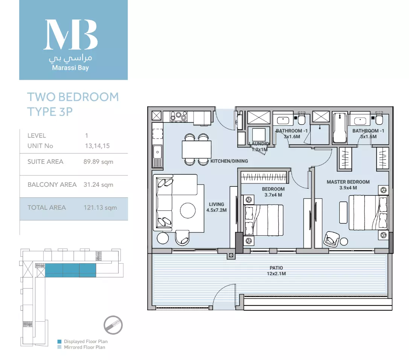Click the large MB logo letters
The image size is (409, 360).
click(x=70, y=34)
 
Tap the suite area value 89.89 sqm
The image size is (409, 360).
click(x=98, y=162)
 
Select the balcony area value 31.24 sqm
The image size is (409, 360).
click(x=98, y=185)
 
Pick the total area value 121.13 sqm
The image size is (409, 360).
click(x=100, y=207)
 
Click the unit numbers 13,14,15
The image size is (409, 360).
click(x=97, y=146)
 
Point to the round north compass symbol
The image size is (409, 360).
click(x=113, y=325)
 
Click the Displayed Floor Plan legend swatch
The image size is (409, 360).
click(x=60, y=342)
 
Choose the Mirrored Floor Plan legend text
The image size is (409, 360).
click(x=84, y=347)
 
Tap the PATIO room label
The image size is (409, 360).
click(x=276, y=268)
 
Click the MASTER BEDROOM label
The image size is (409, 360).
click(x=348, y=182)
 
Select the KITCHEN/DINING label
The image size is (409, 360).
click(x=229, y=161)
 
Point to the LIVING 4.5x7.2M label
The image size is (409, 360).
click(x=217, y=207)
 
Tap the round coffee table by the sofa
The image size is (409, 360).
click(x=188, y=210)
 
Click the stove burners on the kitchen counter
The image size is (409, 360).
click(x=179, y=116)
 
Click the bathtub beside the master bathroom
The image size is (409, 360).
click(x=340, y=128)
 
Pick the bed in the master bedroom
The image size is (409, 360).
click(x=368, y=213)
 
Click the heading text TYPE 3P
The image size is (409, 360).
click(x=50, y=112)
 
